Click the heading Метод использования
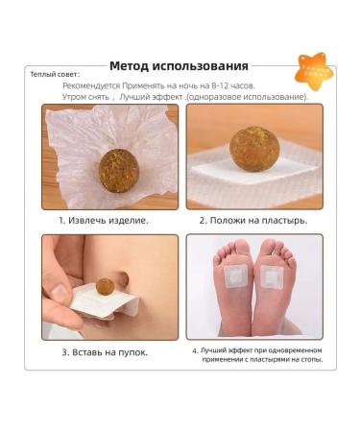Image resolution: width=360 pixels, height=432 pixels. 179,66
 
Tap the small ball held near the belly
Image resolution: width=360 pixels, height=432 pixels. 105,286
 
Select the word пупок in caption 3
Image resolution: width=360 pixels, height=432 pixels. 132,352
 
